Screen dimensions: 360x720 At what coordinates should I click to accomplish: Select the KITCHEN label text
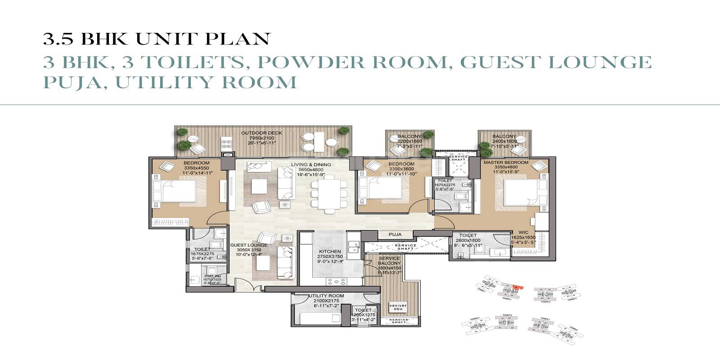coord(330,252)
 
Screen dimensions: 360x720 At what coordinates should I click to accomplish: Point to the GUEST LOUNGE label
coord(248,245)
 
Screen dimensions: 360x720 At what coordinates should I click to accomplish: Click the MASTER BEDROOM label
coord(506,162)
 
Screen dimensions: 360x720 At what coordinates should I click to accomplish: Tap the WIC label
coord(523,233)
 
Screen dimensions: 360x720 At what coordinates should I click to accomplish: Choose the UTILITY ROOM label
coord(327,296)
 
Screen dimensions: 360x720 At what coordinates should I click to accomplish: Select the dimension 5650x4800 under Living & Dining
coord(310,170)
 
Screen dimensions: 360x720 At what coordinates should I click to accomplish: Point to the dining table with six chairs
coord(329,194)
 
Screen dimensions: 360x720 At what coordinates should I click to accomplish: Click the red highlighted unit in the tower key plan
coord(518,286)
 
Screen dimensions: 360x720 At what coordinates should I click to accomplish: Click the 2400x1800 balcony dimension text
coord(504,141)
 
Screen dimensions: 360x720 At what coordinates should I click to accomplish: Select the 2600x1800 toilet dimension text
coord(468,240)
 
